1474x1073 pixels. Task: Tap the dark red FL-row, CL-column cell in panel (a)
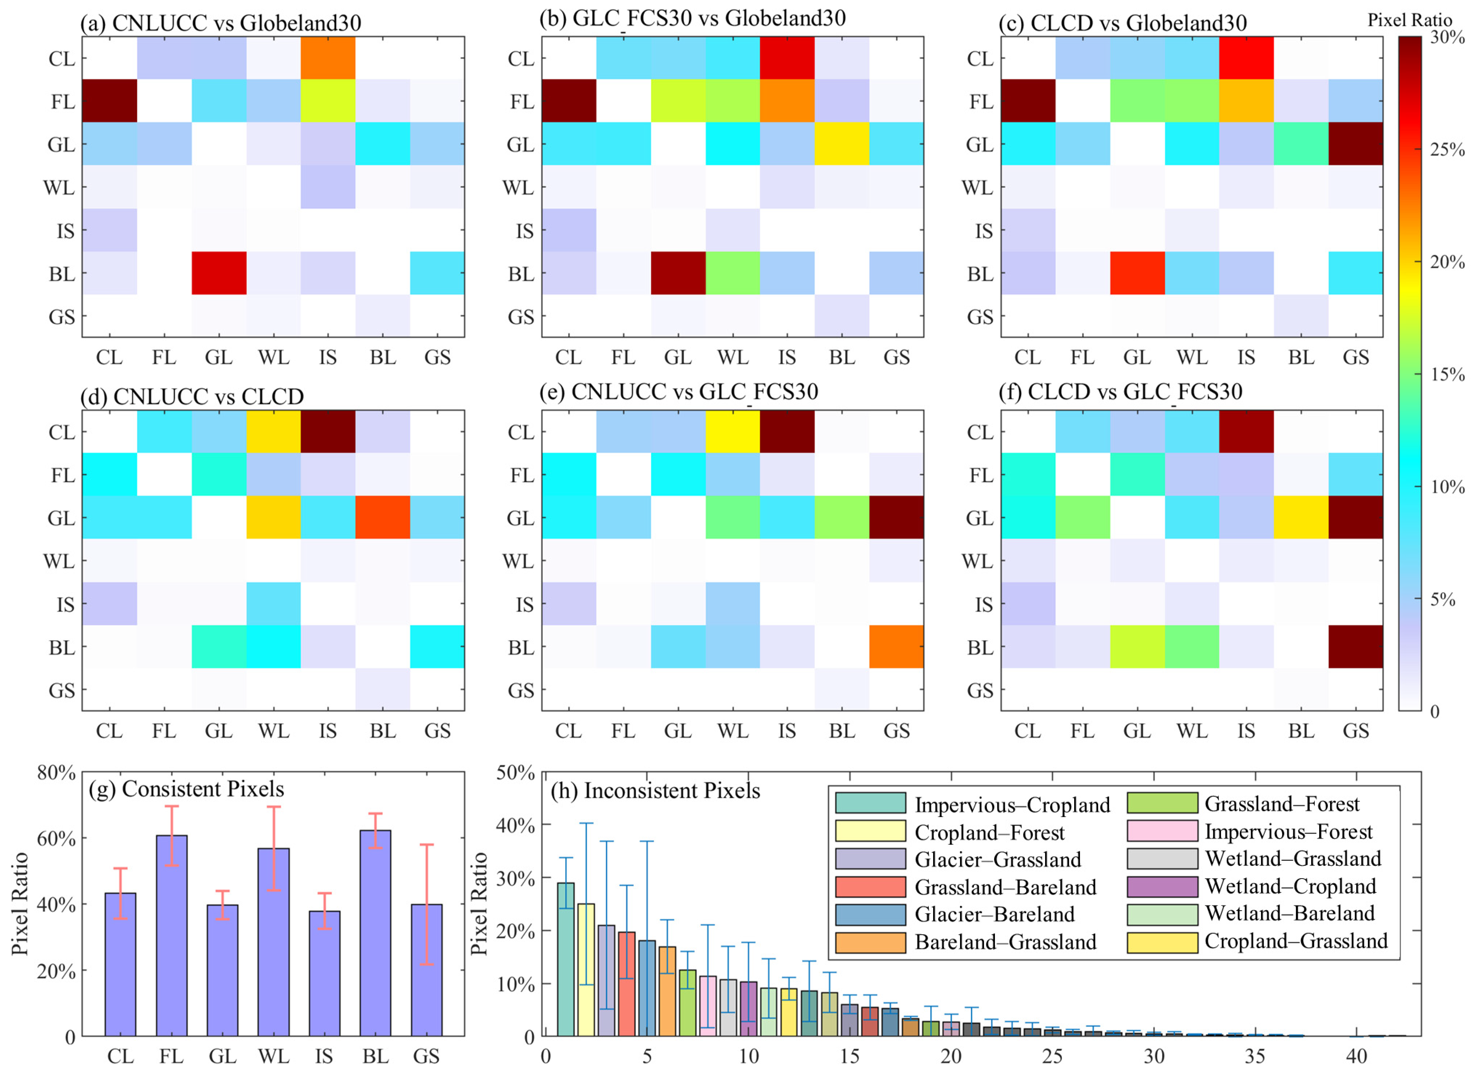[109, 101]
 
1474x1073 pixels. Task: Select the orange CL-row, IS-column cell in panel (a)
[328, 58]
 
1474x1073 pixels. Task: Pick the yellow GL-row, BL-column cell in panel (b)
[842, 144]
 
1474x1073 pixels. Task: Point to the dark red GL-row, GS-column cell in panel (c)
[1355, 144]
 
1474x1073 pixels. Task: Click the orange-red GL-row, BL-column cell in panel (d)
[382, 517]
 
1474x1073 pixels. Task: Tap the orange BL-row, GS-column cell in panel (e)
[896, 646]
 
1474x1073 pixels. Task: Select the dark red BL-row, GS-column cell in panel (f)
[1355, 646]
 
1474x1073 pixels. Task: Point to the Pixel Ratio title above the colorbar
[1409, 20]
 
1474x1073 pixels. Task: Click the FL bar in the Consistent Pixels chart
[172, 935]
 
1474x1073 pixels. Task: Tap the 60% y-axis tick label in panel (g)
[57, 839]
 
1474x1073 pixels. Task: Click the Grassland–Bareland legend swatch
[869, 887]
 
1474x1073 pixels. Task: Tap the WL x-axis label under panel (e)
[732, 731]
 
